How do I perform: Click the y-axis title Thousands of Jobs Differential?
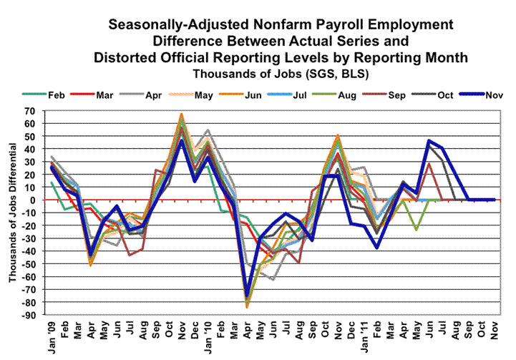point(12,213)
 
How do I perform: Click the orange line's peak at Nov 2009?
point(181,114)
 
